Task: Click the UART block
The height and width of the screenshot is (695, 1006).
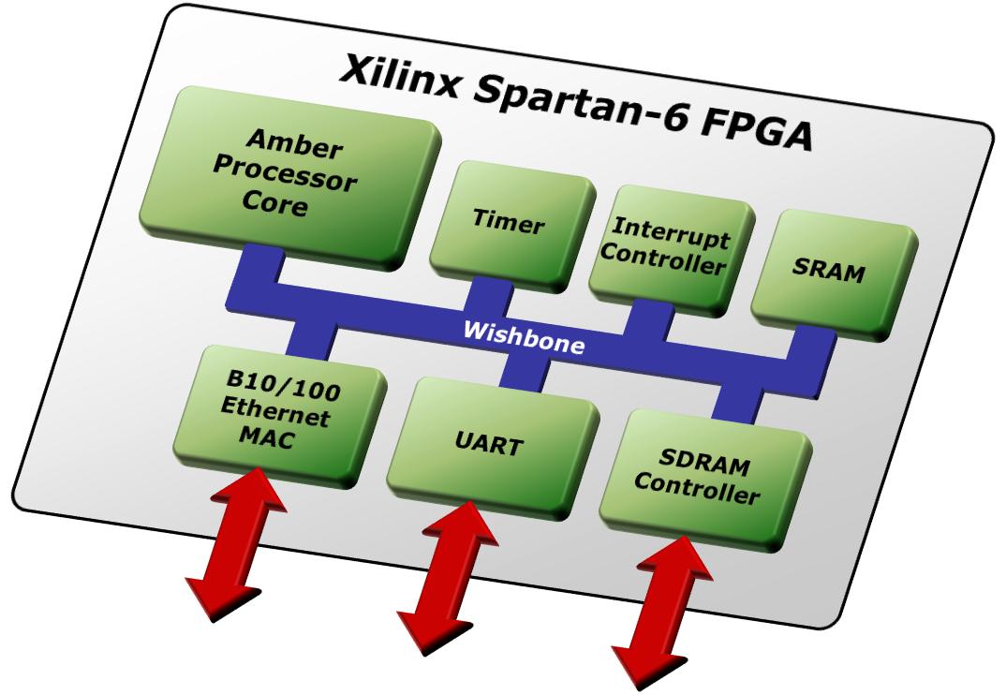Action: click(x=491, y=439)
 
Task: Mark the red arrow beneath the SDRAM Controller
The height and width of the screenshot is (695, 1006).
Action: click(x=660, y=609)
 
